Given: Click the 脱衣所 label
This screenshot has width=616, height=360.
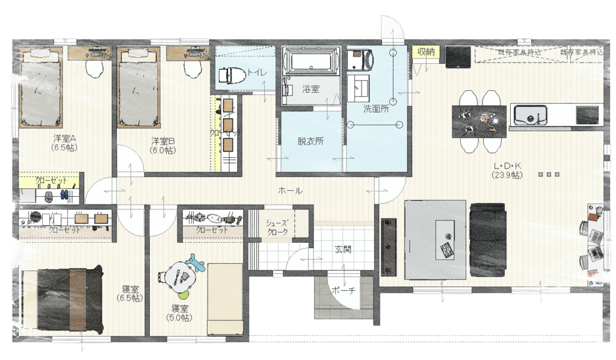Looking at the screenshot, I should click(x=310, y=142).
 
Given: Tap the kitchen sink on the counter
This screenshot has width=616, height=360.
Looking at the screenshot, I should click(x=529, y=113).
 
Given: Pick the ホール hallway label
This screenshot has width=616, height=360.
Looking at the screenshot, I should click(x=290, y=190).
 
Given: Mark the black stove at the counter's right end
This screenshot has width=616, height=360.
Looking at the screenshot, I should click(x=588, y=113).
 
